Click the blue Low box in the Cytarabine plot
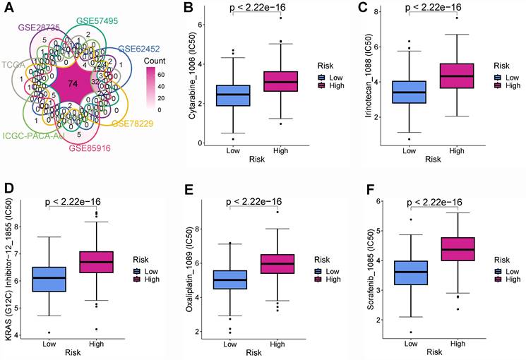232,95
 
